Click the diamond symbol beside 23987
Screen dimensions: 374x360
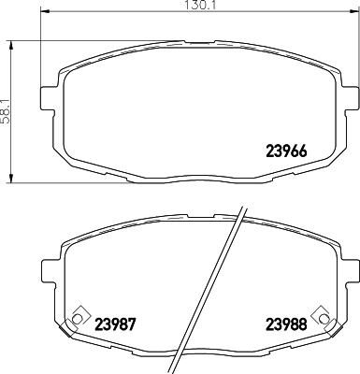point(77,315)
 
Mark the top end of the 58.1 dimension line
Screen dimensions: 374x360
point(11,40)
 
